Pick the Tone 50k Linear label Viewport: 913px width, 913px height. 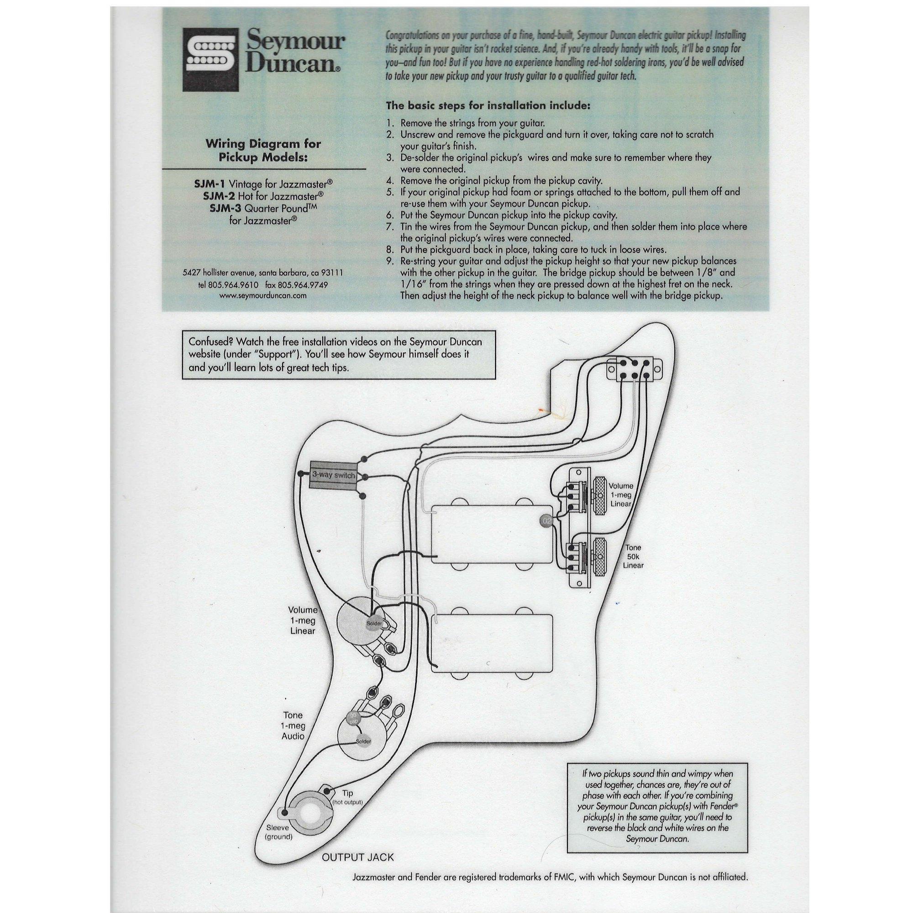click(x=633, y=556)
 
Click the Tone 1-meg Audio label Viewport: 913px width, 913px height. click(x=293, y=725)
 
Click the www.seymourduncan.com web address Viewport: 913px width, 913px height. click(x=263, y=296)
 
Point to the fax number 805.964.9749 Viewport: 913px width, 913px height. click(x=296, y=285)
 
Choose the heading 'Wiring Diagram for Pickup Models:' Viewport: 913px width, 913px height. click(x=263, y=150)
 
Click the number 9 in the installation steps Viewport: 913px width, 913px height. click(x=390, y=261)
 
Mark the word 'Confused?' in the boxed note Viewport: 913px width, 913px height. click(x=210, y=341)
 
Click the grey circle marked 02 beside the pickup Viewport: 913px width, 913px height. click(x=546, y=520)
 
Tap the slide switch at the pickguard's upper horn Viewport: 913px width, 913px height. click(x=634, y=369)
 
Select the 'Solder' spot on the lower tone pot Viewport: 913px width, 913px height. click(x=363, y=741)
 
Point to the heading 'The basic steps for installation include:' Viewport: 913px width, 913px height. click(x=488, y=105)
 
